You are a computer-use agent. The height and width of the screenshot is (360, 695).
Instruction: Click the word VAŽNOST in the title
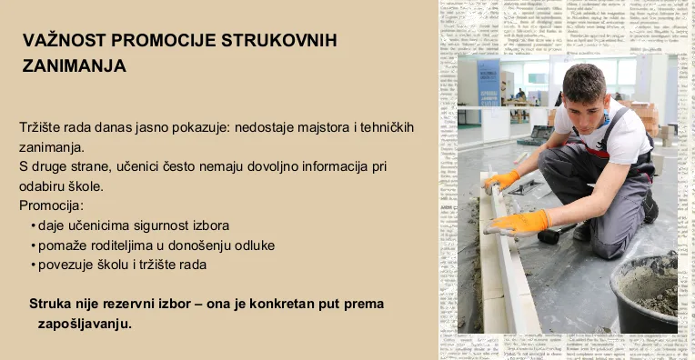click(x=64, y=40)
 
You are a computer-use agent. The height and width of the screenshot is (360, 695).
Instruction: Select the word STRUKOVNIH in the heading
click(x=278, y=40)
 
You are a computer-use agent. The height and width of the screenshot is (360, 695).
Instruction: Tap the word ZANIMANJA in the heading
click(x=74, y=66)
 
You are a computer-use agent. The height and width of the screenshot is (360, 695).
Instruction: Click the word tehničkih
click(x=387, y=127)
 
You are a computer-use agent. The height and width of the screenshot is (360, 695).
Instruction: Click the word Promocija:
click(x=51, y=205)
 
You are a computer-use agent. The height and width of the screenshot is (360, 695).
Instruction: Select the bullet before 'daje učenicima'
click(x=34, y=225)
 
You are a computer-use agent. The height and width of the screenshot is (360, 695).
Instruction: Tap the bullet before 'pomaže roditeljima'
click(x=34, y=245)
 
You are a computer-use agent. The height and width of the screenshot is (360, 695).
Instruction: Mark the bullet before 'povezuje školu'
click(x=34, y=265)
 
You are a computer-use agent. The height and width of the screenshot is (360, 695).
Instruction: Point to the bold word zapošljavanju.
click(x=85, y=325)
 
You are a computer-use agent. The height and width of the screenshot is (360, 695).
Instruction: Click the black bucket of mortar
click(x=644, y=294)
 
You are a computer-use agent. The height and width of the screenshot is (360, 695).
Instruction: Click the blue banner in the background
click(x=488, y=84)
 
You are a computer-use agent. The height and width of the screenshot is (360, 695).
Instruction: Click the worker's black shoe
click(x=650, y=206)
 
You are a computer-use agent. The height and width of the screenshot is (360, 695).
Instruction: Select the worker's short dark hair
click(x=584, y=81)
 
